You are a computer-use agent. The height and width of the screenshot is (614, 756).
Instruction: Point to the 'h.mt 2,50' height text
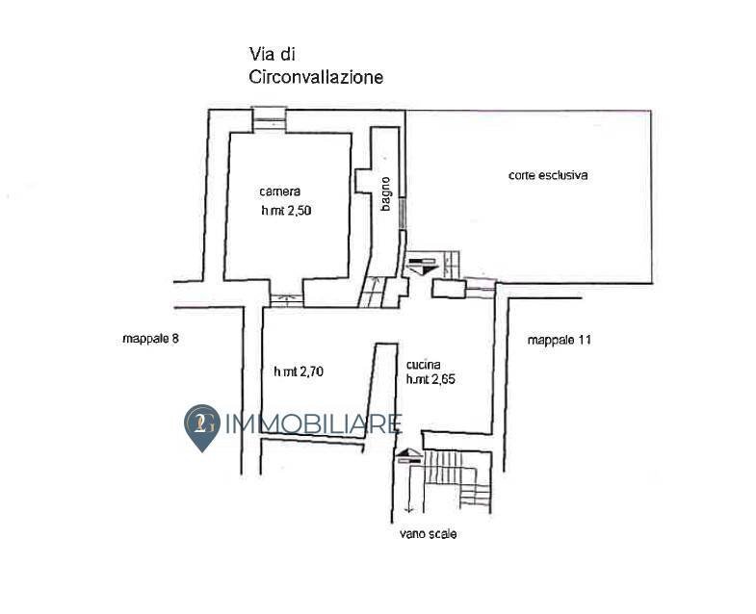(286, 211)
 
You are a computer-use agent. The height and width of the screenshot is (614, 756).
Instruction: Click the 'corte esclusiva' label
(548, 176)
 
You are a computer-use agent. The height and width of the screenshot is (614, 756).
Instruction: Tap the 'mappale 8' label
(151, 339)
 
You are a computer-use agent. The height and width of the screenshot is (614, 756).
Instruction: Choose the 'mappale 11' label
(559, 340)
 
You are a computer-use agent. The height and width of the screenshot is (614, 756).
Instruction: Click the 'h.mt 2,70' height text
(300, 371)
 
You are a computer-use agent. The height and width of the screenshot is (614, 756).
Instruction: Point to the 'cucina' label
(424, 365)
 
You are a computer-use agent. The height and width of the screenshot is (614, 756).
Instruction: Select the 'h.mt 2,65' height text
(430, 379)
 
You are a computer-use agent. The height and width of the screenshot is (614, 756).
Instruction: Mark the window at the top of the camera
(269, 117)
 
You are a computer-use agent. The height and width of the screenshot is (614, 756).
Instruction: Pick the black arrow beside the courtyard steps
(421, 263)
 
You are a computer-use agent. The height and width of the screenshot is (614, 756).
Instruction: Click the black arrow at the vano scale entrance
(408, 455)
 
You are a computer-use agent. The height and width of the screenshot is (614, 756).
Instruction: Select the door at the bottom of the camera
(284, 297)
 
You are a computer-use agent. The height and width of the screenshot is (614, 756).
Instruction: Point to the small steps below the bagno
(370, 291)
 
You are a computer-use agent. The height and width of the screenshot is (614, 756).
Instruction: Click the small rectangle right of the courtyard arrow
(448, 288)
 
